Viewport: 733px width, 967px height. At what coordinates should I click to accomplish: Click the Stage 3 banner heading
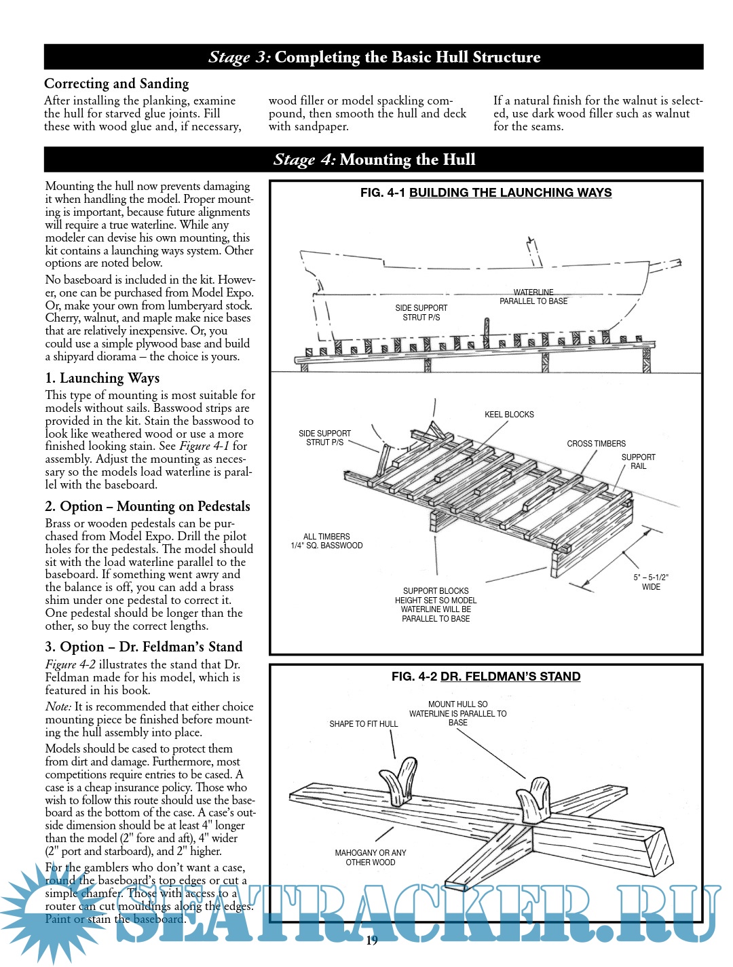coord(374,57)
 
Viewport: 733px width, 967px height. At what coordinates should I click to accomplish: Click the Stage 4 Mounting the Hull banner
coord(374,159)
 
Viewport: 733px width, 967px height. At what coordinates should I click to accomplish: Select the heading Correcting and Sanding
coord(117,83)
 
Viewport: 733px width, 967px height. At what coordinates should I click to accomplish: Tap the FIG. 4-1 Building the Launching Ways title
coord(486,193)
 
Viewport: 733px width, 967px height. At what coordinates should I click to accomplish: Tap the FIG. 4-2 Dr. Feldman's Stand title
coord(486,677)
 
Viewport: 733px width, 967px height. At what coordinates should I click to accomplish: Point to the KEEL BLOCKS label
coord(509,415)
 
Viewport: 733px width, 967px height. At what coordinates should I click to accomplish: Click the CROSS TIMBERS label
coord(597,444)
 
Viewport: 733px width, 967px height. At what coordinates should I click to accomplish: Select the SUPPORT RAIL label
coord(639,461)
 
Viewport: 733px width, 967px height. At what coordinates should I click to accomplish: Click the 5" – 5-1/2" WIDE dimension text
coord(651,582)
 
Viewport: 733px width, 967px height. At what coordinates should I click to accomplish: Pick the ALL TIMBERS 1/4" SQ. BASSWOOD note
coord(326,541)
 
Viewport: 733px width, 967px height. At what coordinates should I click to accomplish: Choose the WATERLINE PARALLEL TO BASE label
coord(533,297)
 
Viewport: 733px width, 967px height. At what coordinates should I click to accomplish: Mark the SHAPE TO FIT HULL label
coord(364,724)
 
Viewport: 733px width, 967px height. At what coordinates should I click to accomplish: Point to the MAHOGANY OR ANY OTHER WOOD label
coord(371,858)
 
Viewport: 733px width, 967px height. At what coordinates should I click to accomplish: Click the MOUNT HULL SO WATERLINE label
coord(458,713)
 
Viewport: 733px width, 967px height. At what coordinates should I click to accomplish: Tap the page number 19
coord(372,941)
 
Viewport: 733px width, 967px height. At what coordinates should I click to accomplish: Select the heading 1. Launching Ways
coord(102,378)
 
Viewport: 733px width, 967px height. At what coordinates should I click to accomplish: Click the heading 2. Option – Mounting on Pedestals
coord(147,506)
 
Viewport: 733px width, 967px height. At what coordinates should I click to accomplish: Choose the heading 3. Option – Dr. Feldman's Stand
coord(144,647)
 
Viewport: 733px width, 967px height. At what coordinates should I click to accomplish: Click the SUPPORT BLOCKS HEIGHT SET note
coord(436,605)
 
